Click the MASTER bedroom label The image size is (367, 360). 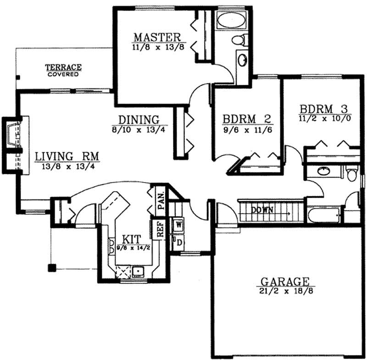[x=157, y=37]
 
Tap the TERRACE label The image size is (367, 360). [x=63, y=67]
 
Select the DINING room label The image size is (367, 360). [x=139, y=120]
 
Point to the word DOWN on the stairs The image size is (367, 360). [x=262, y=210]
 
